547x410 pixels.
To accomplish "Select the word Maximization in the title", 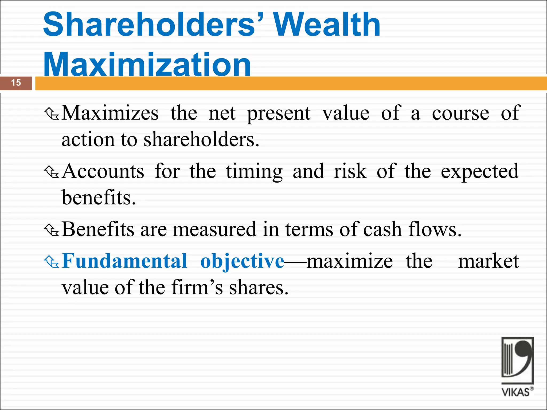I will pos(147,64).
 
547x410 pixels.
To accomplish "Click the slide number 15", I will pos(16,83).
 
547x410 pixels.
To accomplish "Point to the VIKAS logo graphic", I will pos(517,360).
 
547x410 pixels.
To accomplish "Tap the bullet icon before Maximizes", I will pos(51,114).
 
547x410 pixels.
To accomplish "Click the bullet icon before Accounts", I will pos(51,172).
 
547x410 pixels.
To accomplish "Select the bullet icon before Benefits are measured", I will pos(51,230).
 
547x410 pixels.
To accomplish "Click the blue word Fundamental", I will pos(124,261).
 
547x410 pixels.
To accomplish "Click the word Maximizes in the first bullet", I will pos(110,113).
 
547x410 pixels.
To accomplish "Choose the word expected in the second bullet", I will pos(480,172).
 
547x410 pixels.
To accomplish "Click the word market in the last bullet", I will pos(488,261).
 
